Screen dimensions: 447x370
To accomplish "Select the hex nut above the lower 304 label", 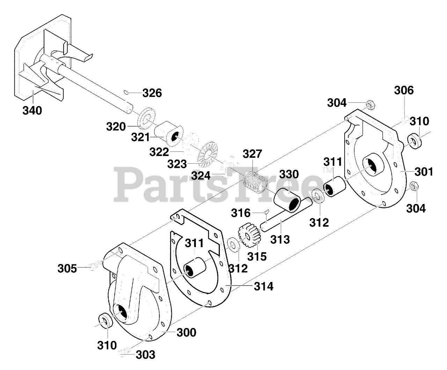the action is [412, 186].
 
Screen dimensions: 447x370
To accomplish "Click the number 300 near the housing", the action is [186, 332].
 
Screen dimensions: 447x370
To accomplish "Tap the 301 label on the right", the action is [424, 172].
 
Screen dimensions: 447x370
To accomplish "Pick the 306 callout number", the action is [404, 91].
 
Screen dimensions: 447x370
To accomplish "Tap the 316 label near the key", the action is [241, 213].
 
